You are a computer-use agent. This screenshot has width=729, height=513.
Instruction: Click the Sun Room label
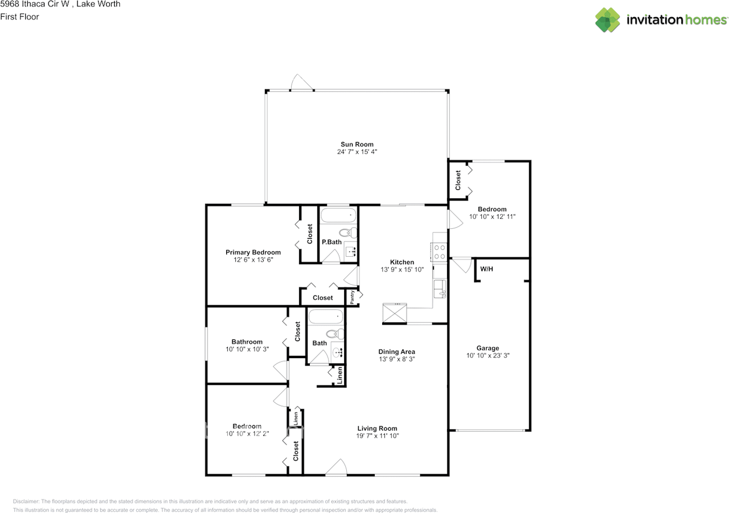(x=357, y=144)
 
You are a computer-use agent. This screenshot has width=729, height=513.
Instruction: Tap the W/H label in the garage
(x=486, y=268)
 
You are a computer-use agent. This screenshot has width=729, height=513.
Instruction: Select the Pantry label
(x=353, y=297)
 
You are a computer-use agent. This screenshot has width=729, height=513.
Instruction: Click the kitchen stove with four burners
(x=440, y=252)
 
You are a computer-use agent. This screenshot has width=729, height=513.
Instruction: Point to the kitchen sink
(x=440, y=289)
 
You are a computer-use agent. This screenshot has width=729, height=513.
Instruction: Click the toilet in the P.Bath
(x=347, y=232)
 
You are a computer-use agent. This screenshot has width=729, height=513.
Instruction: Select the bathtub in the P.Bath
(x=338, y=216)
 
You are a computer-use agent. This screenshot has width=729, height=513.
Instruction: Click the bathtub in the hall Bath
(x=326, y=316)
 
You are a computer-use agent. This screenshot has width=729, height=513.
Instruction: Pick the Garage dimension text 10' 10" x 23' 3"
(x=488, y=355)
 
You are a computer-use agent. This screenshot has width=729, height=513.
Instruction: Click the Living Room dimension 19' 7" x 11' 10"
(x=377, y=436)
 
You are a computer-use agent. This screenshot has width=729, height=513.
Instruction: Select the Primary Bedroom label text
(x=253, y=252)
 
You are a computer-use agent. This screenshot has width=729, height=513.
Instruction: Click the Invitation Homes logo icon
(x=608, y=20)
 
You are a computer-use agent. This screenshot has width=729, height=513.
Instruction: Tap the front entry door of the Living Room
(x=337, y=468)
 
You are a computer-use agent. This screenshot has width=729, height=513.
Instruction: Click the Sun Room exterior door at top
(x=301, y=83)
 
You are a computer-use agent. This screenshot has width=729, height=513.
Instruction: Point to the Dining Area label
(x=397, y=352)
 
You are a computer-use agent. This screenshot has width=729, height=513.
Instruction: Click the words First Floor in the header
(x=19, y=17)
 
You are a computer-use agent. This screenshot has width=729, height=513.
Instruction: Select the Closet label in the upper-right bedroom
(x=458, y=180)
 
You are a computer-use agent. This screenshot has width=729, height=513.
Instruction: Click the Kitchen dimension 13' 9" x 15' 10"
(x=402, y=269)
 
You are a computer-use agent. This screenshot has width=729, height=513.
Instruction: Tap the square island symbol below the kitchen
(x=395, y=313)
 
